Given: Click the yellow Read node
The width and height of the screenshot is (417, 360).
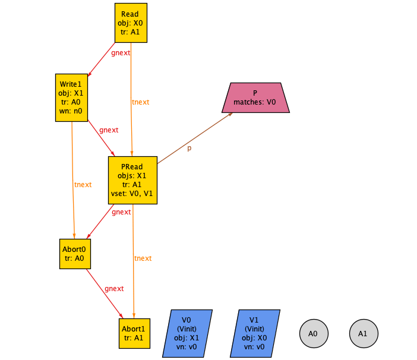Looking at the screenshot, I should tap(130, 23).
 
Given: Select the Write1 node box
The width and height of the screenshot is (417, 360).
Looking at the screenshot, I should tap(71, 97).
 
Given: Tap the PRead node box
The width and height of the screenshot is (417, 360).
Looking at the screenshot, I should tap(132, 180).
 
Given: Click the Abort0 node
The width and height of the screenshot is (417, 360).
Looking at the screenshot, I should tap(75, 254).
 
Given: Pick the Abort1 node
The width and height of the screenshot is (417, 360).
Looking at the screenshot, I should tap(134, 333).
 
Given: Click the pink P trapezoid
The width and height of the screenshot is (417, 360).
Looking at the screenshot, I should tap(255, 97).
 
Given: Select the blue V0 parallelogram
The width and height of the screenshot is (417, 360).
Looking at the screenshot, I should tap(187, 333).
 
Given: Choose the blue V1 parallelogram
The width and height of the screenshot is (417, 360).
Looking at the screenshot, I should tap(255, 333).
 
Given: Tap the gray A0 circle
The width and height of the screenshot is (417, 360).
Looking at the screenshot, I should tap(313, 334).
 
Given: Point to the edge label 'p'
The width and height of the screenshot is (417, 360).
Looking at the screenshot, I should tap(189, 148).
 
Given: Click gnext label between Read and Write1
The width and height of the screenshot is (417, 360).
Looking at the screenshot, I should tap(121, 53).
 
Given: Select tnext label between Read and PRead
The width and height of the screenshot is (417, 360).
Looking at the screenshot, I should tap(141, 102).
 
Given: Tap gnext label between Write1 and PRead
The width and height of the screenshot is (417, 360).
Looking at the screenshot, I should tap(109, 130).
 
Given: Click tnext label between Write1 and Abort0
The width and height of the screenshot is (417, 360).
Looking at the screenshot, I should tap(83, 185).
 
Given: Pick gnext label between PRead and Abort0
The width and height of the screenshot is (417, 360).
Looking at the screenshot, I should tap(121, 211).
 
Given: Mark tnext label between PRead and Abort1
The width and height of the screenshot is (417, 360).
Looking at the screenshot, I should tap(143, 258).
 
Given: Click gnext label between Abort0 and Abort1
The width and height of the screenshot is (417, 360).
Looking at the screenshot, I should tap(114, 289).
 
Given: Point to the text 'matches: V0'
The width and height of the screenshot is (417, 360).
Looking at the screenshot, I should tap(255, 102).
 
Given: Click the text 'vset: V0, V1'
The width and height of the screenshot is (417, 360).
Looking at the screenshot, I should tap(132, 194).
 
